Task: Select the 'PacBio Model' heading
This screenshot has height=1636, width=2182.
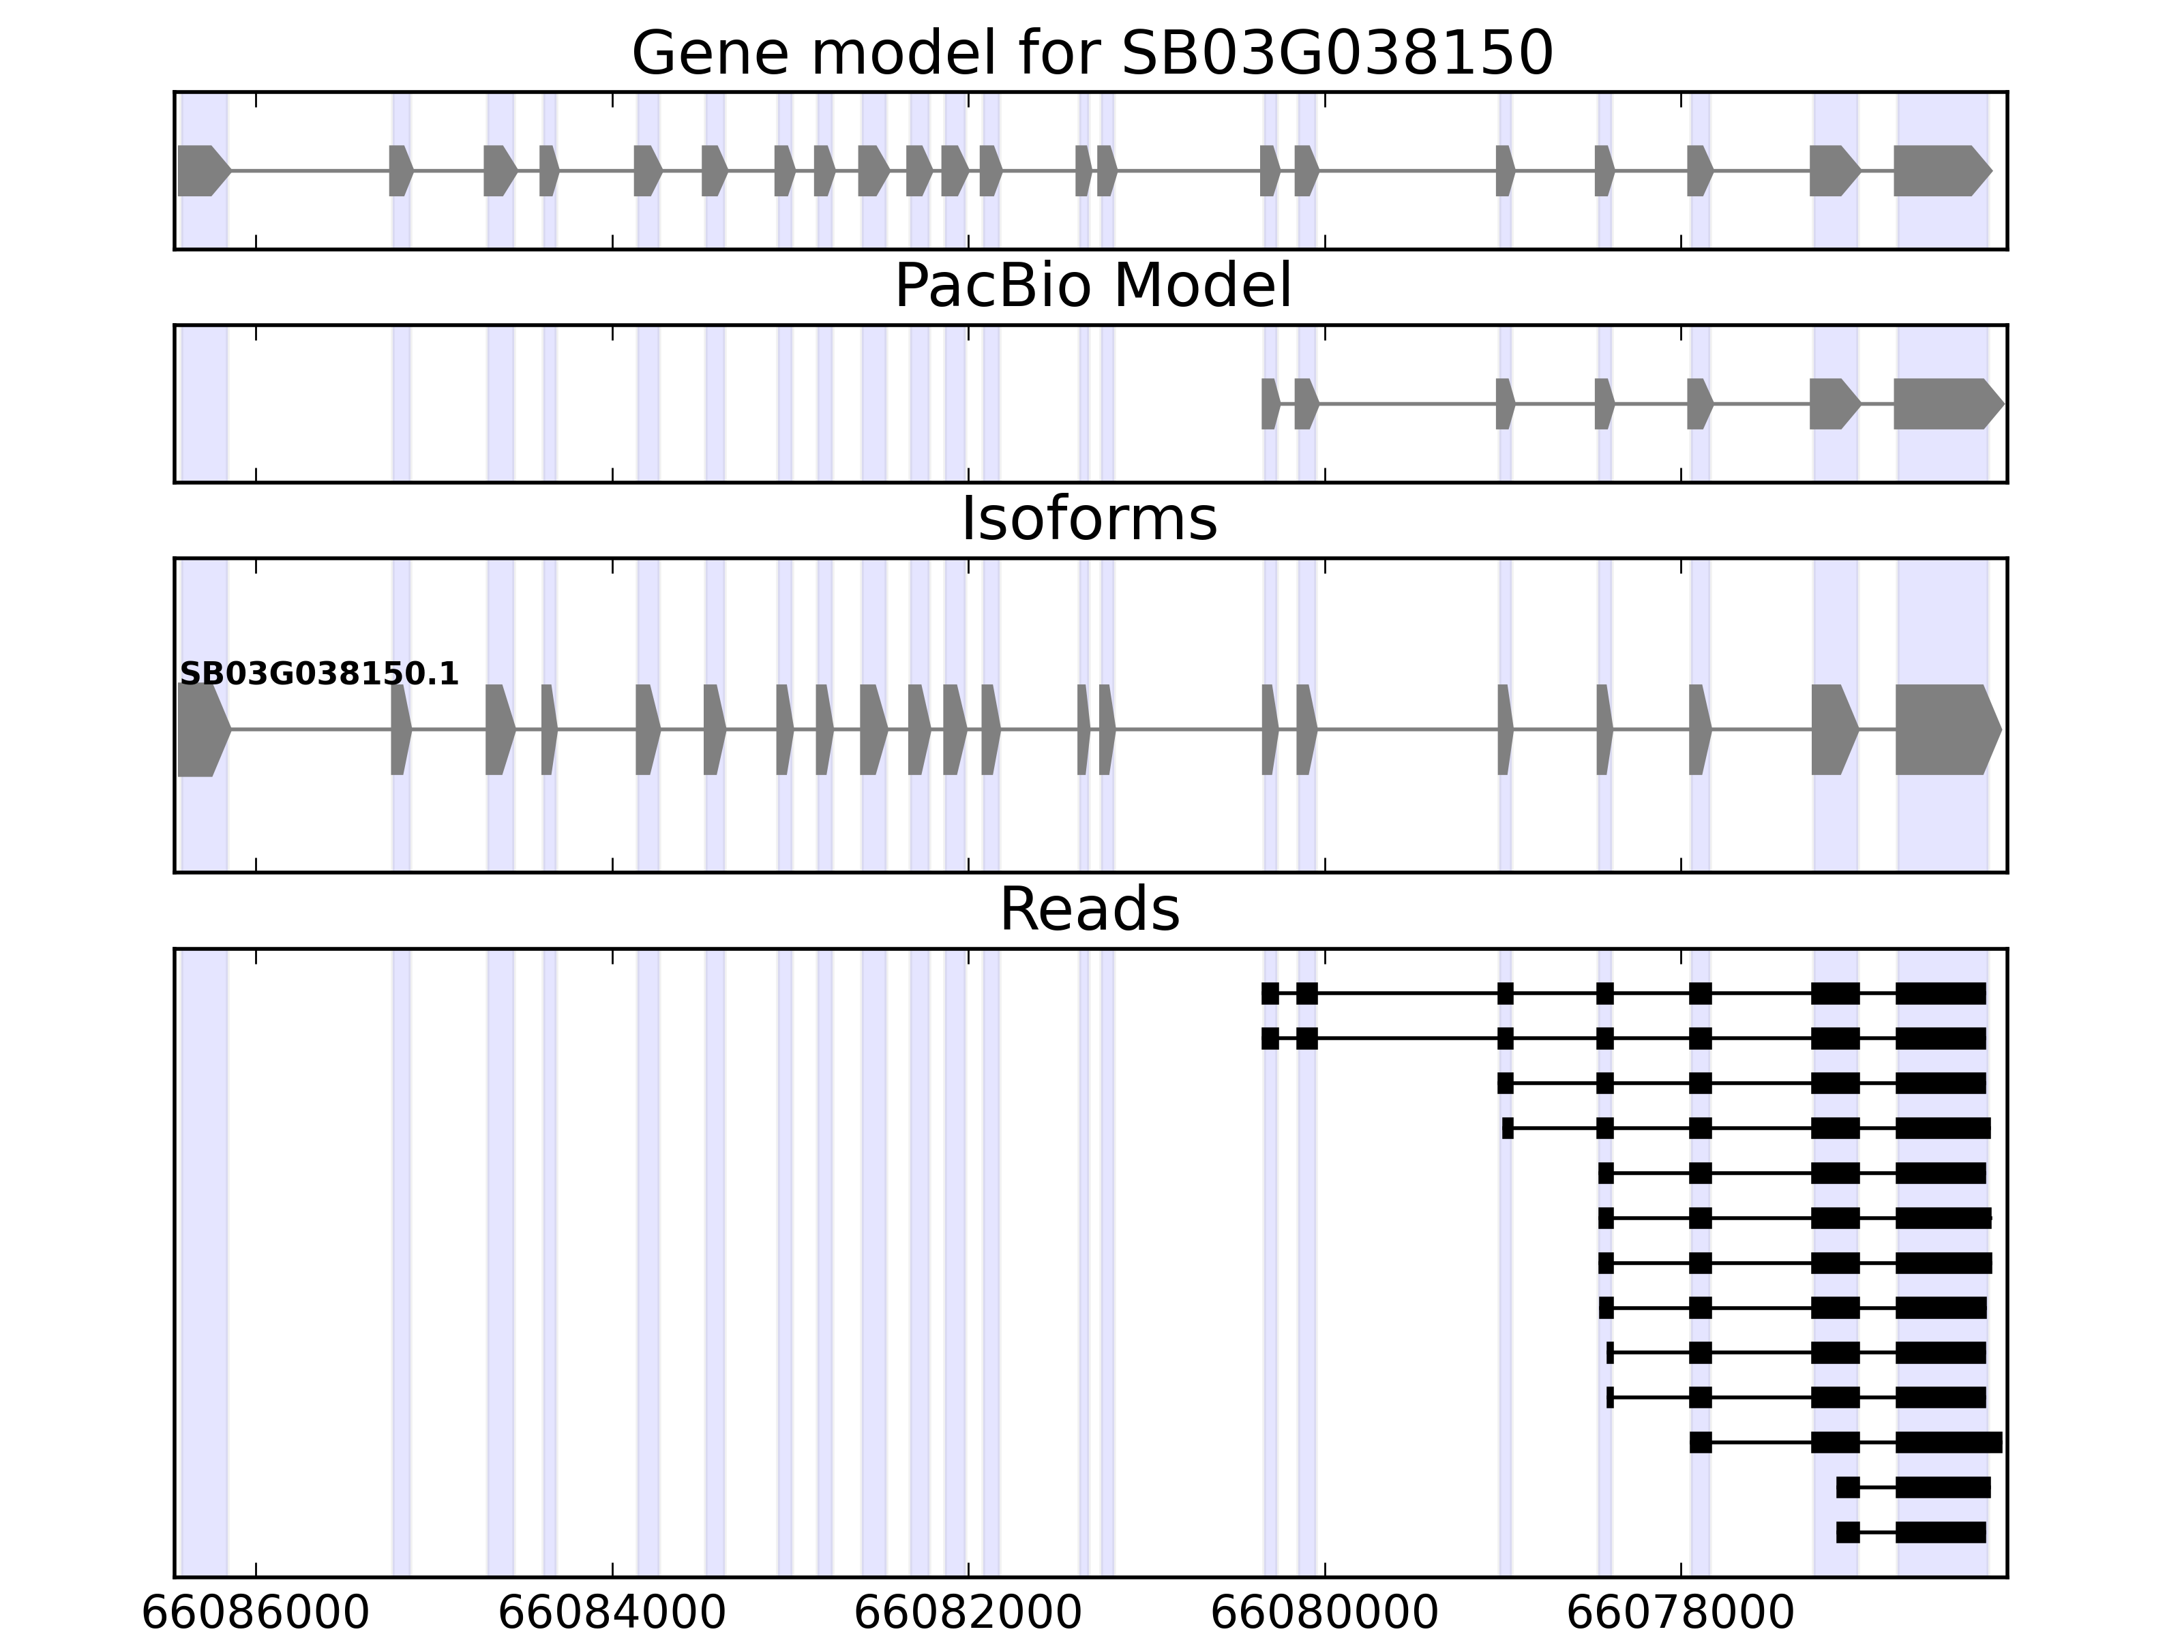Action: point(1092,287)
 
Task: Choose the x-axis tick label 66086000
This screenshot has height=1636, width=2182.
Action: point(256,1614)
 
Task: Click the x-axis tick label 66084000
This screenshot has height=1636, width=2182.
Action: point(612,1614)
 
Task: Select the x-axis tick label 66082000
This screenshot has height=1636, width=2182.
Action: point(968,1614)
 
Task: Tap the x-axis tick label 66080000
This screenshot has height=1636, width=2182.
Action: point(1324,1614)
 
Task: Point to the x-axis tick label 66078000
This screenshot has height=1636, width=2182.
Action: point(1680,1614)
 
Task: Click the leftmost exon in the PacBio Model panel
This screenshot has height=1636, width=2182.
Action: point(1270,404)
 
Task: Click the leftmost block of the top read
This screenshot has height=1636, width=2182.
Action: point(1270,994)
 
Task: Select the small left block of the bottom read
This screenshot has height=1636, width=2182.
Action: point(1847,1532)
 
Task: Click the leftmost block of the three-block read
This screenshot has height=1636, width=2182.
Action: point(1700,1442)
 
